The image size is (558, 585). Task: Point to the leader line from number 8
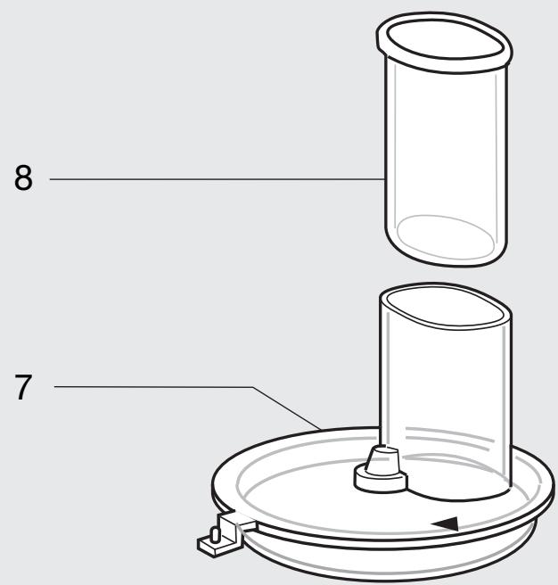point(214,179)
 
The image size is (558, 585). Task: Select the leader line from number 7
point(152,387)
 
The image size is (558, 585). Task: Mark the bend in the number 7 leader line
point(254,388)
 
